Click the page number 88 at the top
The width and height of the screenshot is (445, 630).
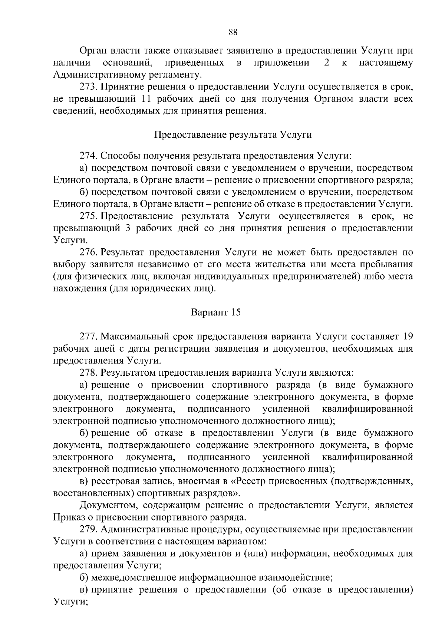click(x=233, y=32)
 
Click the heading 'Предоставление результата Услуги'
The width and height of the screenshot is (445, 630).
click(x=233, y=135)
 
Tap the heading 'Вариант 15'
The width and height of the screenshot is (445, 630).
click(x=216, y=312)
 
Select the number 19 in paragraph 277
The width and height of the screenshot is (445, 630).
click(x=407, y=336)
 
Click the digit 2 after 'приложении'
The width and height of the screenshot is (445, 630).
click(x=327, y=63)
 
